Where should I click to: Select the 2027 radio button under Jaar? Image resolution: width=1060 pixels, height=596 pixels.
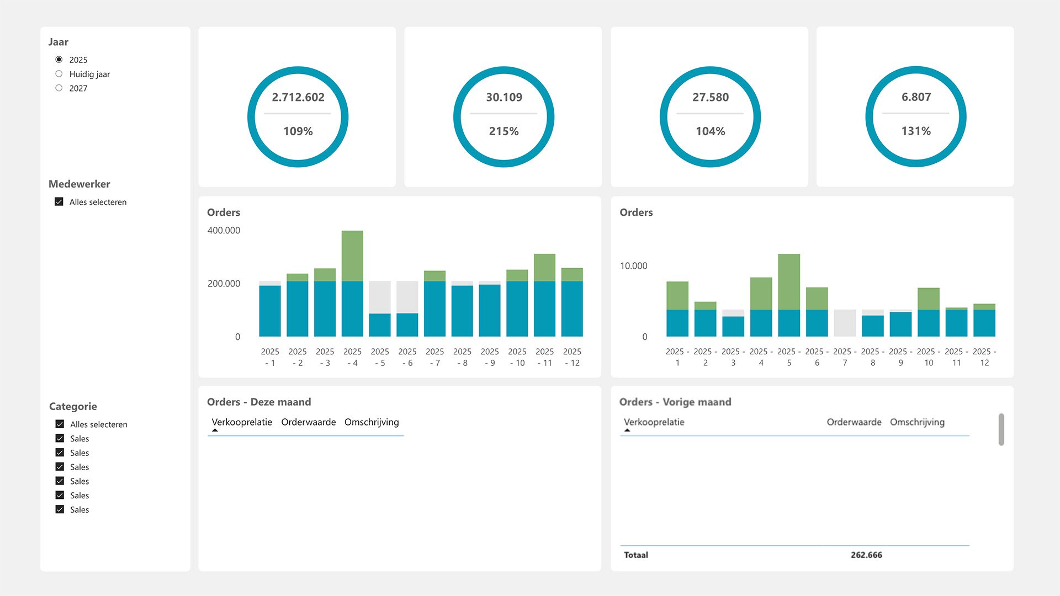point(59,88)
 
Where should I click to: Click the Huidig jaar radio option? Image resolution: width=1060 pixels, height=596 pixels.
point(59,74)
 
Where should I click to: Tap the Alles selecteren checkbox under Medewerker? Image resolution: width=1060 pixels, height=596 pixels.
point(59,202)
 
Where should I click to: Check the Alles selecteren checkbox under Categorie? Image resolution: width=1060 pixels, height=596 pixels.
point(60,424)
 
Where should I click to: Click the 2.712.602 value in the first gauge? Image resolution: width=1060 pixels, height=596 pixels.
point(298,97)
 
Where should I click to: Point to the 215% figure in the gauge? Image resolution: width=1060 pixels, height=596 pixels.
point(504,131)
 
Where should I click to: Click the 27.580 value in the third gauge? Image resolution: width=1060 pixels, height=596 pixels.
point(711,97)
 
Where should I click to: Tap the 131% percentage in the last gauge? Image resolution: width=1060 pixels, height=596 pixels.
point(916,131)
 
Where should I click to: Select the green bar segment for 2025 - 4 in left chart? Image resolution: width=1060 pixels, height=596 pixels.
point(352,256)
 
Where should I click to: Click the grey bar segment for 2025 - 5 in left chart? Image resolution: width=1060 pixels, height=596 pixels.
point(380,297)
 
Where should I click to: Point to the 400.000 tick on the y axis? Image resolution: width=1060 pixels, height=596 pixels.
point(224,231)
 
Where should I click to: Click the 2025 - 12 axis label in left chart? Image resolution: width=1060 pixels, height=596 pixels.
point(572,357)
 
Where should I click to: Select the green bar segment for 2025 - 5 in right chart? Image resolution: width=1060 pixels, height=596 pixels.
point(789,281)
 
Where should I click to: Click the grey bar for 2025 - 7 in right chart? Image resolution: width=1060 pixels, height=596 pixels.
point(845,323)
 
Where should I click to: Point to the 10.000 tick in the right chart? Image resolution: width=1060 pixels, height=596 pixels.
point(633,266)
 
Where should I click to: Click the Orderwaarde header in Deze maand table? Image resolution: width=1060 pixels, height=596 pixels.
point(308,422)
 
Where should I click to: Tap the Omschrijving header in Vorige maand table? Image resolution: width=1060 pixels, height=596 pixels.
point(917,422)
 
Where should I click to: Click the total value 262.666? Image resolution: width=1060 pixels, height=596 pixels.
point(866,555)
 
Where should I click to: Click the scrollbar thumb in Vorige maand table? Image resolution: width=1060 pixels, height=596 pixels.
point(1001,429)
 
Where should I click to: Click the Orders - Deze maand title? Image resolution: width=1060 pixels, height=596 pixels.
point(259,402)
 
